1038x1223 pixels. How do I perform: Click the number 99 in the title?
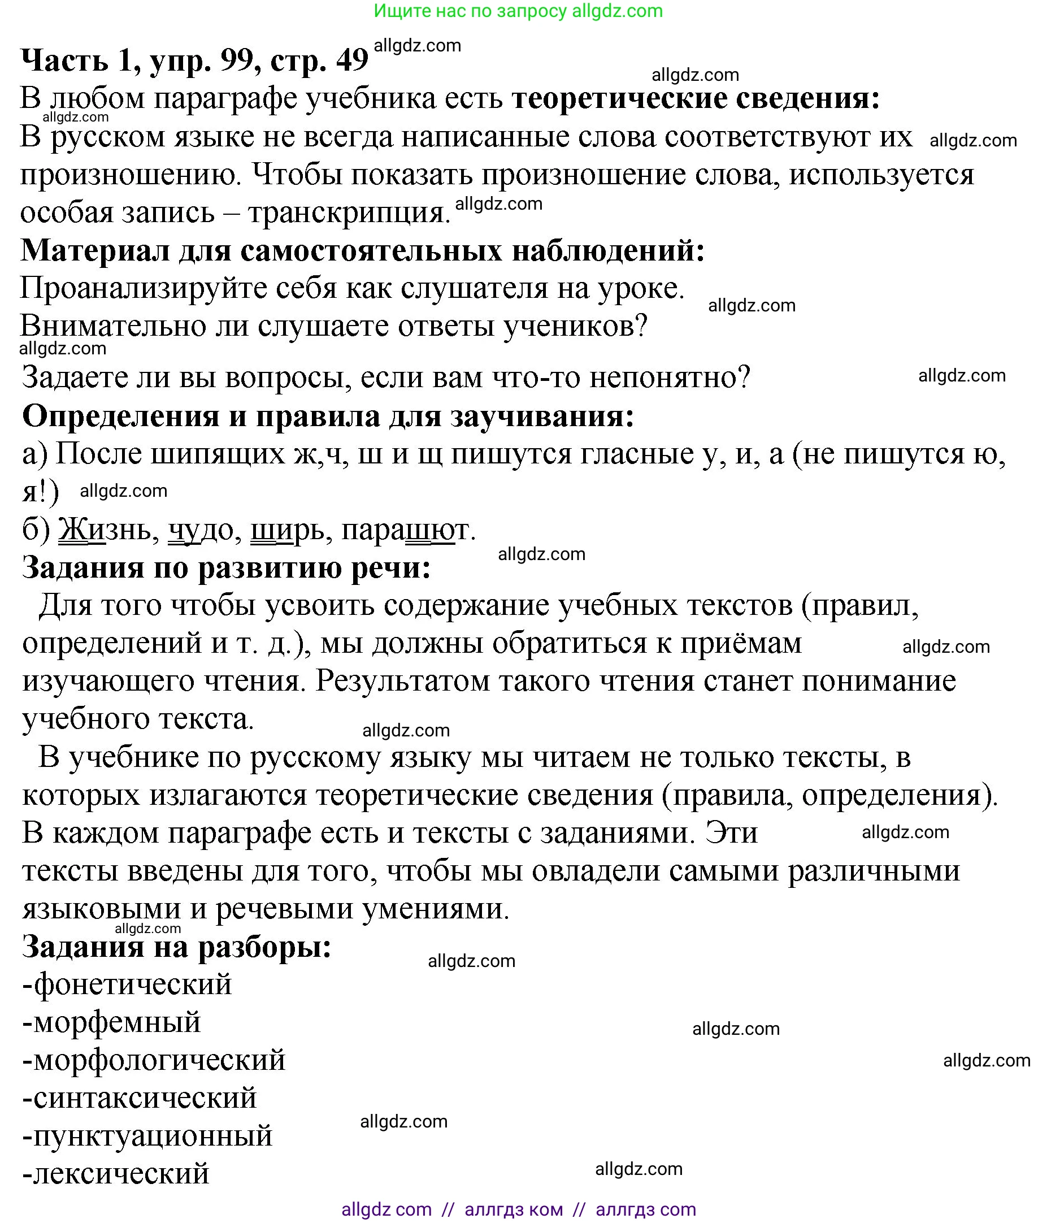point(237,60)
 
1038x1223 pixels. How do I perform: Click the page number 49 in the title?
point(352,60)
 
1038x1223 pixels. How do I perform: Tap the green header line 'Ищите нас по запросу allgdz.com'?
point(518,11)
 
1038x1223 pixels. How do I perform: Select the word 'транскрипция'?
point(348,213)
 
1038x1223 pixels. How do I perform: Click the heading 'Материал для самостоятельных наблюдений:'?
point(362,251)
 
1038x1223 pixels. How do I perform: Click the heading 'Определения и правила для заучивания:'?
point(328,417)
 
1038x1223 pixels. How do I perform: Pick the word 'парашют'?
point(407,530)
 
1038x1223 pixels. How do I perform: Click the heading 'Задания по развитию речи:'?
point(227,568)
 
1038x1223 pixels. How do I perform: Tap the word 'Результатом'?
point(402,682)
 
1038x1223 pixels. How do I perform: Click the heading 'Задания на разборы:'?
point(176,947)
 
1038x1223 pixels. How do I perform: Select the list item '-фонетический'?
point(127,985)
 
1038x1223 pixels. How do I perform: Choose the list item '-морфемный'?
point(112,1022)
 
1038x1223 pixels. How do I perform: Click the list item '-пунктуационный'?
point(147,1136)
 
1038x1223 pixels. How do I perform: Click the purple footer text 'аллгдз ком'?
point(513,1209)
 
